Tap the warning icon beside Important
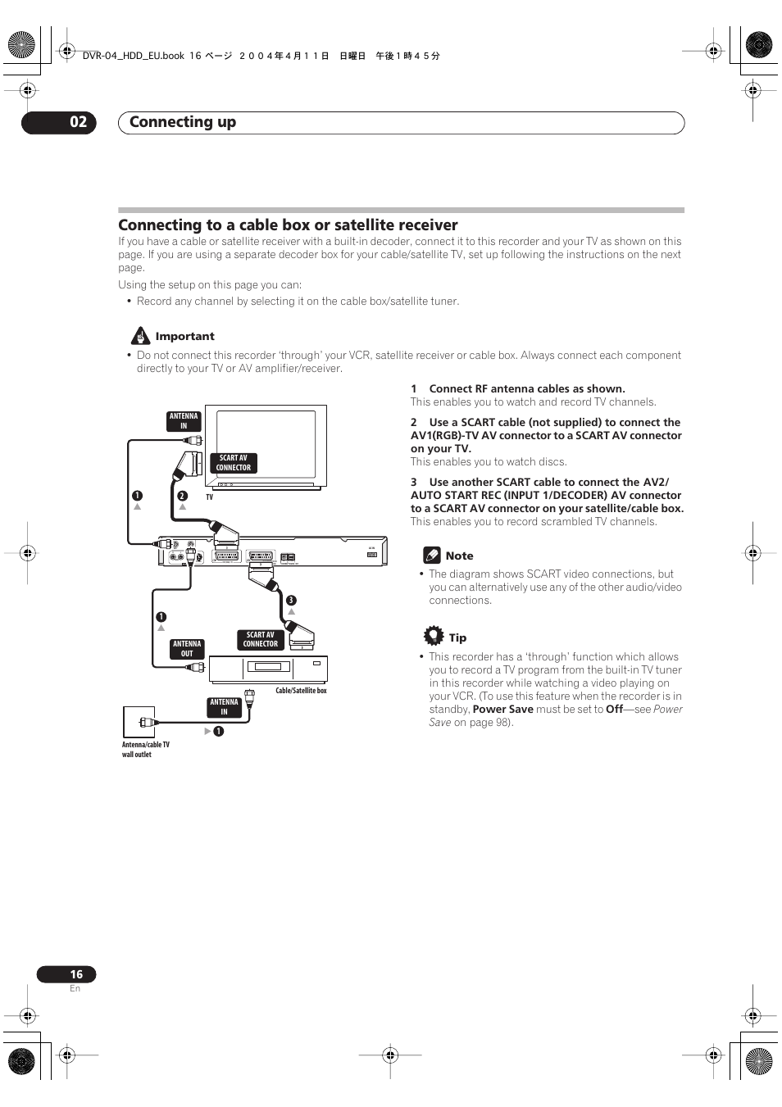[141, 336]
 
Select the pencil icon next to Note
[432, 555]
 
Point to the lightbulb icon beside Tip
[433, 636]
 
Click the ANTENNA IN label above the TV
[184, 421]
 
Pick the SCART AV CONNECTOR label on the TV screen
[234, 463]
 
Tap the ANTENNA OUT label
[187, 649]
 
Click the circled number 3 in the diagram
[291, 601]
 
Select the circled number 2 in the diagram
[183, 496]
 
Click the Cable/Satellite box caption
[301, 691]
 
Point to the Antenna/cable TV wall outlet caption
[145, 750]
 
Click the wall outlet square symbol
[139, 722]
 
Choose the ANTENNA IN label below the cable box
[224, 707]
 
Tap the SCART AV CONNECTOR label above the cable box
[261, 639]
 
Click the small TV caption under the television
[209, 497]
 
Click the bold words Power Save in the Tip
[502, 710]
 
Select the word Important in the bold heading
[184, 336]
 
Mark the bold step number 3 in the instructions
[414, 483]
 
